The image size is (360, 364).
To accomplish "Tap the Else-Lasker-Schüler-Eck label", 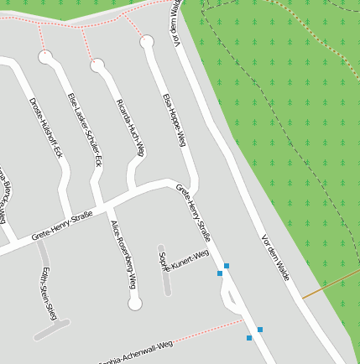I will point(85,129).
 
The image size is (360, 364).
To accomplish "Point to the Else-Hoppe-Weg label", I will point(174,120).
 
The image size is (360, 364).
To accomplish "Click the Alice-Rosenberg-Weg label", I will point(123,254).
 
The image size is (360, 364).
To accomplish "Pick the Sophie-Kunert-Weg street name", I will point(184,262).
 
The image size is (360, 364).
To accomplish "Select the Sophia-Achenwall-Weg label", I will point(134,353).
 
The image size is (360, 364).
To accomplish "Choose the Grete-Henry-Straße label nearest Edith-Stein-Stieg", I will point(62,226).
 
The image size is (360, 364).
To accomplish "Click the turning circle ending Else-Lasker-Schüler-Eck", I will point(97,64).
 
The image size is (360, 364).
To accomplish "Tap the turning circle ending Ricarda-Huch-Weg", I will point(148,40).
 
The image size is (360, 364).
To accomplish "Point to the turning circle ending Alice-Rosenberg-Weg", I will point(134,303).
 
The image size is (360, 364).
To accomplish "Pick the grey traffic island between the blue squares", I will point(228,295).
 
